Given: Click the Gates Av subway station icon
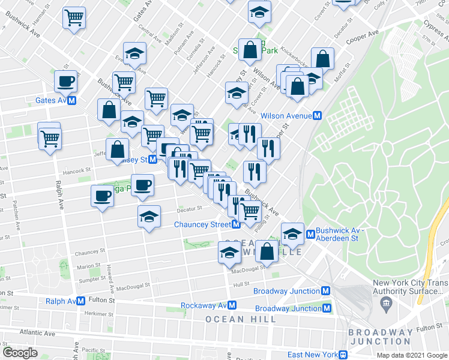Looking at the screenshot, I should coord(72,101).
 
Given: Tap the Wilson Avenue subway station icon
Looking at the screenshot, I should coord(318,115).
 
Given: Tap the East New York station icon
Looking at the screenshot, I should coord(343,355).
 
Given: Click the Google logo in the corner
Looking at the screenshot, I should coord(20,352).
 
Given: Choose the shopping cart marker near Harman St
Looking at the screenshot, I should coord(74,18).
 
